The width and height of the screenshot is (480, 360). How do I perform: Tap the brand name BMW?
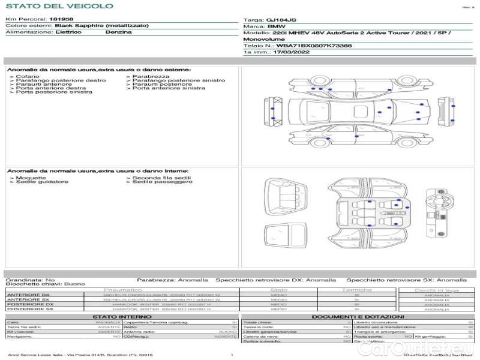276,26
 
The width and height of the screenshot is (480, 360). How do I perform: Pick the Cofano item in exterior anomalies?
26,77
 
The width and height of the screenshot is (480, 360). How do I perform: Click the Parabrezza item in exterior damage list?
151,77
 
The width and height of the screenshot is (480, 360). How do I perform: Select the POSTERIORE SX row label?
29,309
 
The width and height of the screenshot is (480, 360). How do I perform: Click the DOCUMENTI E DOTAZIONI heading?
358,316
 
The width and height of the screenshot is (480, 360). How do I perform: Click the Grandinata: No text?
30,280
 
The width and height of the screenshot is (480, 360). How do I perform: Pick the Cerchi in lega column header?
436,290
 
